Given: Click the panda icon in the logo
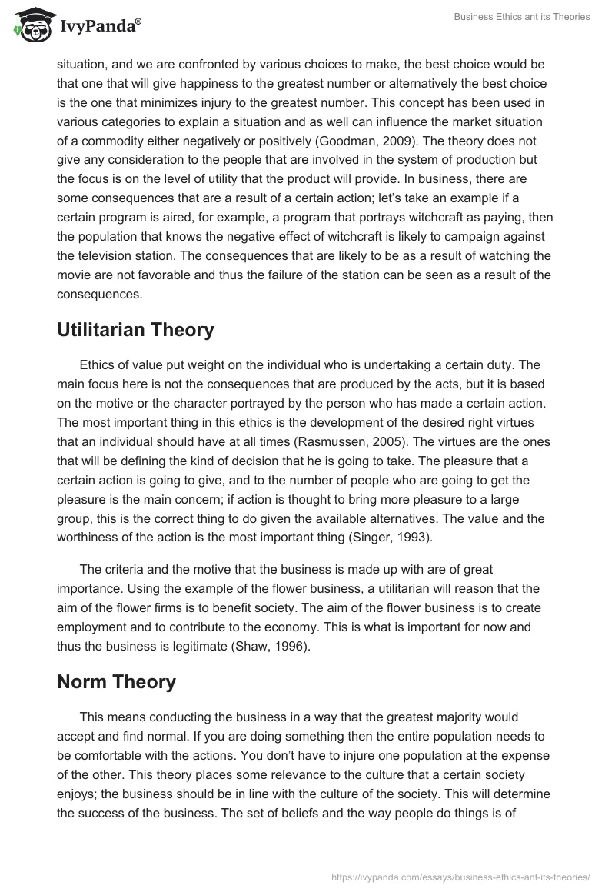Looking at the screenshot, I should coord(30,25).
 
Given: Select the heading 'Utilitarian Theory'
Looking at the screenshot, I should coord(135,330).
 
